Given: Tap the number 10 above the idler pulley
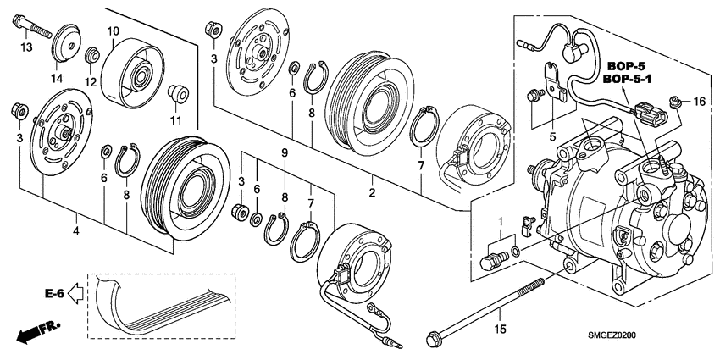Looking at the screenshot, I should click(x=113, y=31).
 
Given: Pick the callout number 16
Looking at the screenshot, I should click(x=699, y=102).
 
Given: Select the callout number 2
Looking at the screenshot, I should click(x=370, y=193).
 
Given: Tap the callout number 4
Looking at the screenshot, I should click(x=75, y=230).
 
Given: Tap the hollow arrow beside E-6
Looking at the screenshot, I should click(x=75, y=294).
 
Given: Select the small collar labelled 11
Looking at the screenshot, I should click(x=176, y=91).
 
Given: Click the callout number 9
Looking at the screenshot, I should click(x=285, y=152).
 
